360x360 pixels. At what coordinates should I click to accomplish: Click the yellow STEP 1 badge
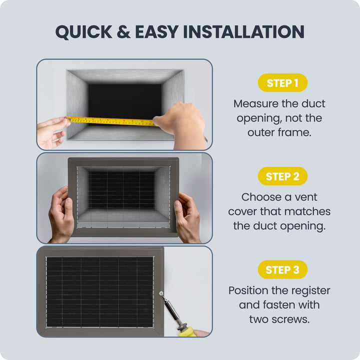[282, 82]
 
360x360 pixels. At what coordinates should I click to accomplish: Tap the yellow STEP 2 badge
[282, 176]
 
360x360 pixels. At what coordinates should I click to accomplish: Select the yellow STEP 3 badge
[282, 269]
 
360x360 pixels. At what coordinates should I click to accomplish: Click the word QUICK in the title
[84, 32]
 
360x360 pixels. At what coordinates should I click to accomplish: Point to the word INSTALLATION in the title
[244, 31]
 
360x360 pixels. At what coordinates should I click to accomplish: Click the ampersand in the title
[123, 31]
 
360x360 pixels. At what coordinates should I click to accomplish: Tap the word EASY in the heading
[157, 31]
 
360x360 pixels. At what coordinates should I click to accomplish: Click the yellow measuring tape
[110, 121]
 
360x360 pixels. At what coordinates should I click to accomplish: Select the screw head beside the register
[161, 293]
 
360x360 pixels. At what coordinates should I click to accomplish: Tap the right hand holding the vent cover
[187, 217]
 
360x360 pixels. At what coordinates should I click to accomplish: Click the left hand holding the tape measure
[52, 132]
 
